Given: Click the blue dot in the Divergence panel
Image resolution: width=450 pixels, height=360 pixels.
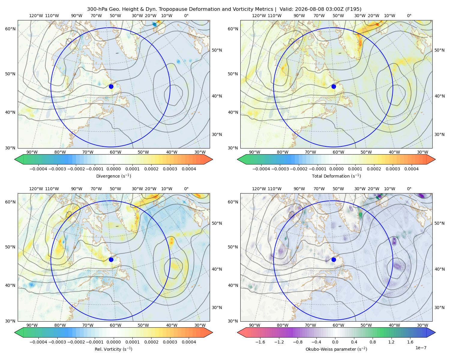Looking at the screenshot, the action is tap(111, 86).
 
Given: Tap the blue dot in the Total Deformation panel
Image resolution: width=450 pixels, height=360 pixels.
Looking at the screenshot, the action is tap(334, 86).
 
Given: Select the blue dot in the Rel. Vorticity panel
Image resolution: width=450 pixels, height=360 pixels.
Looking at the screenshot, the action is tap(111, 259).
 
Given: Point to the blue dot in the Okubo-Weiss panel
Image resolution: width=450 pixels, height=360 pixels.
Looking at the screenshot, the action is tap(334, 259).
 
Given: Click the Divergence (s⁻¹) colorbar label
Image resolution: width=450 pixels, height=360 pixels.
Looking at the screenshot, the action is tap(113, 176).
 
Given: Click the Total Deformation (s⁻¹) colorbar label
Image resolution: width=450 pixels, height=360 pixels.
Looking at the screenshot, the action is tap(336, 176).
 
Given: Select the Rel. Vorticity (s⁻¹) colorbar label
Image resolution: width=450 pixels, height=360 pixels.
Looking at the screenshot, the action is tap(113, 349).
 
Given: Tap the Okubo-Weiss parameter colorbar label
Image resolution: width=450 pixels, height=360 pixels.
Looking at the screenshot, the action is tap(336, 349).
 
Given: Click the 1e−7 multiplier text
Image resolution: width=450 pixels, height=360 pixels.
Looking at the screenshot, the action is tap(421, 348).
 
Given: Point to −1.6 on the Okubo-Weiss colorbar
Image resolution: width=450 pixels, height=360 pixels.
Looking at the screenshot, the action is tap(260, 342).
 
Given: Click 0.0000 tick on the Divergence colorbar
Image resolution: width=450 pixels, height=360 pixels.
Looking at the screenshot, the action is tap(113, 169).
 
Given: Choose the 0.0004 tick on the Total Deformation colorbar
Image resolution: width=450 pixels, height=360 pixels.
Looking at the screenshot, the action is tap(411, 169).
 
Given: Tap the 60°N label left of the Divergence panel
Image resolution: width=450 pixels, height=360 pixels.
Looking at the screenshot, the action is tap(10, 29).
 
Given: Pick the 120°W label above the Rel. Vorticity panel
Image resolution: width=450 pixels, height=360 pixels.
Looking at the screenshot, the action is tap(36, 188).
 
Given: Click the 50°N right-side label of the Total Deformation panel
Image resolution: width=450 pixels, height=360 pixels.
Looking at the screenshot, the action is tap(439, 50).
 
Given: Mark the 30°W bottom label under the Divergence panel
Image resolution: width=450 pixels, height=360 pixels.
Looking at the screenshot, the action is tap(200, 152).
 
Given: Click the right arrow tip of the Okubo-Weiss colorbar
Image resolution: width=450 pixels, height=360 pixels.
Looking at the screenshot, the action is tap(435, 332).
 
